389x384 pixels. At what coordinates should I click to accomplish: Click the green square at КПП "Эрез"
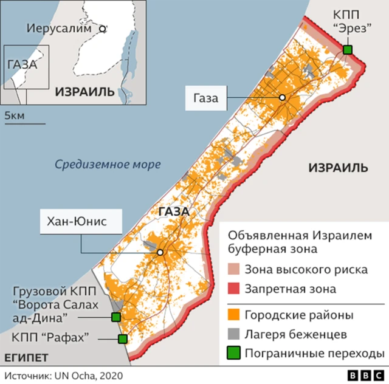click(x=348, y=50)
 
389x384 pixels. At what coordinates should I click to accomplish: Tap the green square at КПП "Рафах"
click(x=123, y=339)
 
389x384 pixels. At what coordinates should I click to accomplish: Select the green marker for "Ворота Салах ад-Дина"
click(x=115, y=317)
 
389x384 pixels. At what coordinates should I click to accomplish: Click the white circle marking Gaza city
click(x=282, y=98)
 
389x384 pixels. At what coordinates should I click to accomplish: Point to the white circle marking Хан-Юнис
click(x=160, y=253)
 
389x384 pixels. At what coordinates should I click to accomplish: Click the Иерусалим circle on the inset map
click(x=103, y=28)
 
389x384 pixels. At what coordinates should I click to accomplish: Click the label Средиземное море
click(x=107, y=164)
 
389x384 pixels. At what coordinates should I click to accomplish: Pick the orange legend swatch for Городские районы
click(x=233, y=315)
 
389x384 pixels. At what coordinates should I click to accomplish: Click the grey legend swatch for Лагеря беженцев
click(x=233, y=334)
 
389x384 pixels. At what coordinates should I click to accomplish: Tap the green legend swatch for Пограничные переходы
click(x=233, y=353)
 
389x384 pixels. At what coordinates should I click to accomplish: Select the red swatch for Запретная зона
click(x=233, y=289)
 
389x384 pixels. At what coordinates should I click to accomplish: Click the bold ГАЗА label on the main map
click(x=173, y=212)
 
